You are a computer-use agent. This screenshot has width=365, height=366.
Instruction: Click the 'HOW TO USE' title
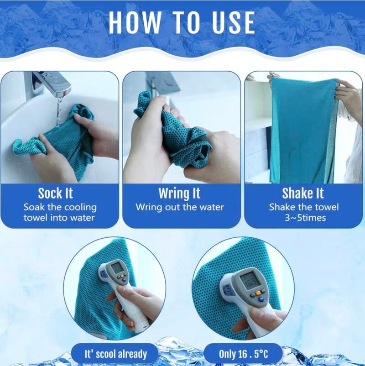click(x=182, y=22)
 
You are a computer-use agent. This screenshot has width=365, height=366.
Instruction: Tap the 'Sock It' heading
click(x=56, y=193)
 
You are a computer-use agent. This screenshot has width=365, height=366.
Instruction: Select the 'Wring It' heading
click(x=179, y=193)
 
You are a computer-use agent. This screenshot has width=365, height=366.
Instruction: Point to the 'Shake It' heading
click(x=303, y=193)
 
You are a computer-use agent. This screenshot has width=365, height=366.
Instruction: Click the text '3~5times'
click(x=305, y=218)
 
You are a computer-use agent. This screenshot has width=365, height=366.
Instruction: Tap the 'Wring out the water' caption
click(x=180, y=207)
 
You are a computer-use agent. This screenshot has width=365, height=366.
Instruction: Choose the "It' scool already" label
click(x=115, y=354)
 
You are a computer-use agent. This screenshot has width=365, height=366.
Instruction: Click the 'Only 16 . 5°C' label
click(x=243, y=354)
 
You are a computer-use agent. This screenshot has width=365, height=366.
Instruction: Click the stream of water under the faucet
click(x=59, y=110)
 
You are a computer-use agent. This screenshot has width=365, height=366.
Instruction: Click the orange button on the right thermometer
click(x=258, y=293)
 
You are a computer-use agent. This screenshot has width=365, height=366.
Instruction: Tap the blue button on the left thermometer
click(x=124, y=280)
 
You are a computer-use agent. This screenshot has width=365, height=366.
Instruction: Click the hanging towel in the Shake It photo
click(x=303, y=131)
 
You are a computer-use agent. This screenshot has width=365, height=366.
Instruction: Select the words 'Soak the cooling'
click(x=60, y=207)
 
